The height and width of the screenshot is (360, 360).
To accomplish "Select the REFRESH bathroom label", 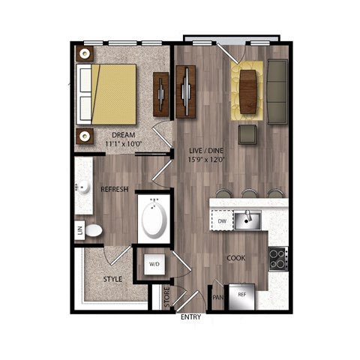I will point(115,189).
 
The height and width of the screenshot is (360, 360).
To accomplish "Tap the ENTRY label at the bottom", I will point(191,317).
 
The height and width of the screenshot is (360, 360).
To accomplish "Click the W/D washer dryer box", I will point(154,264).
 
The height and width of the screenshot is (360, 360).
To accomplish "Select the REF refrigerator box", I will point(242,295).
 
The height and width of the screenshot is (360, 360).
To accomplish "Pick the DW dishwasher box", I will point(222,222).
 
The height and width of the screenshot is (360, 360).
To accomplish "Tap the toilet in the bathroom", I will point(93,230).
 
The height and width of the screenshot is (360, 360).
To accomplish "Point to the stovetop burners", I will point(277,259).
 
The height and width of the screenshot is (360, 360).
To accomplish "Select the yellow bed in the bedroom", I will point(112,94).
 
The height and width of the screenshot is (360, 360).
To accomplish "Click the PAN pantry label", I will point(218,297).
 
